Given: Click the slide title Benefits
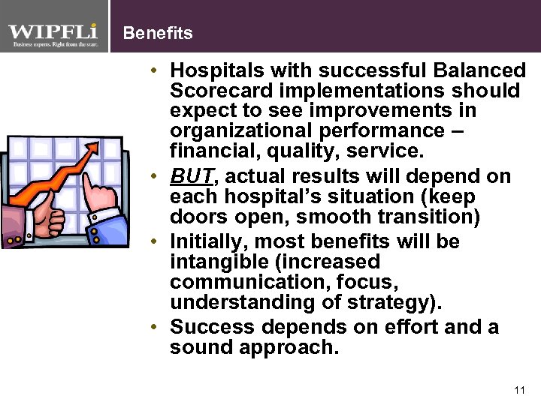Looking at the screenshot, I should click(157, 33).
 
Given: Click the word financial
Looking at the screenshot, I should click(204, 152).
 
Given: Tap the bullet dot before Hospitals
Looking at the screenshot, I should click(153, 71).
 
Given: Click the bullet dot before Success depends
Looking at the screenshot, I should click(153, 328).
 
